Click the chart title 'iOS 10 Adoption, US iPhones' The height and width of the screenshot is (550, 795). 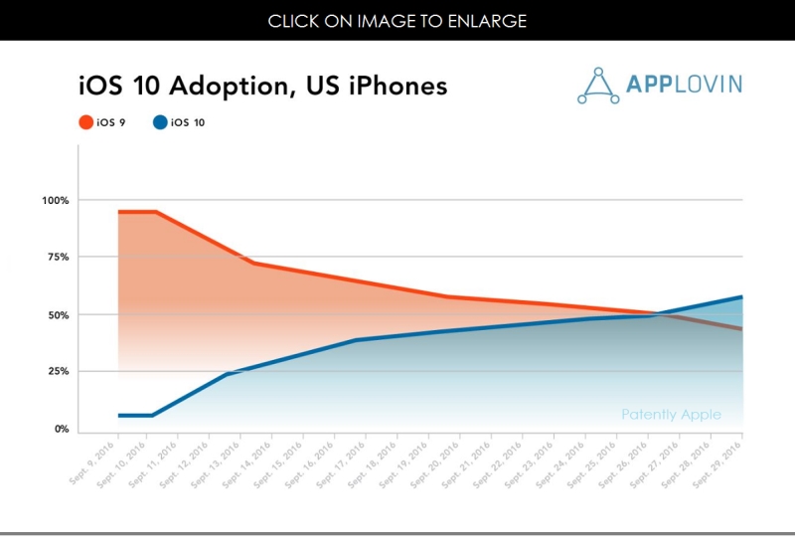(x=262, y=87)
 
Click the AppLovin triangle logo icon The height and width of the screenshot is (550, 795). (x=598, y=86)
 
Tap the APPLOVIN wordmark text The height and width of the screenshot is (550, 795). (x=684, y=85)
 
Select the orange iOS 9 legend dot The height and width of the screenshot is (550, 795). (x=85, y=123)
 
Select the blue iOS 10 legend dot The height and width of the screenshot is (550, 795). (x=159, y=123)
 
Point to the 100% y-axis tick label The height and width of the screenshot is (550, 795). (x=56, y=201)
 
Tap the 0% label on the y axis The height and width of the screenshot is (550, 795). (x=62, y=430)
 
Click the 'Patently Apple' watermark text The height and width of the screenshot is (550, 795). (x=671, y=415)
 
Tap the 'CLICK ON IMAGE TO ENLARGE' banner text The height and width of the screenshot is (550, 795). (x=397, y=21)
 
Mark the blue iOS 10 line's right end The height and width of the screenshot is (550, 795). (x=741, y=296)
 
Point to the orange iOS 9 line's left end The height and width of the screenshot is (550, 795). (x=118, y=212)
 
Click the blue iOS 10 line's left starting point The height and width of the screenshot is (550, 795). (x=118, y=415)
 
